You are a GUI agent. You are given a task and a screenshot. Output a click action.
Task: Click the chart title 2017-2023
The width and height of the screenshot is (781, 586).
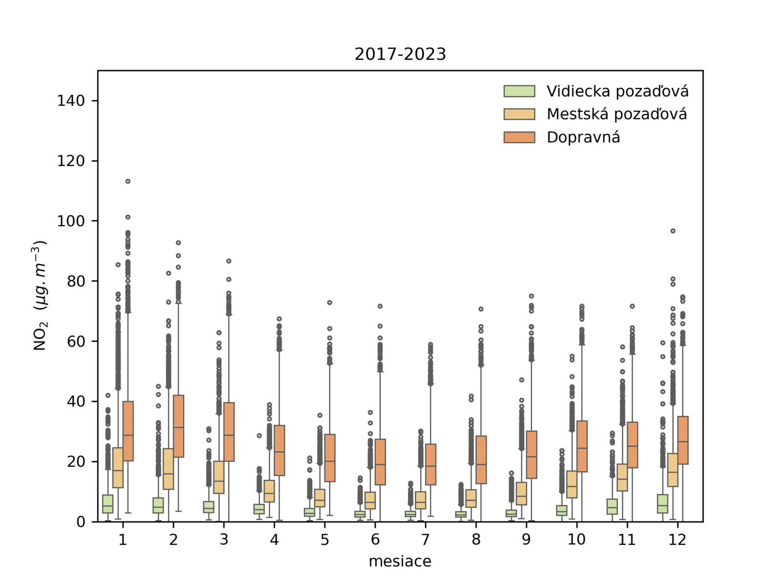point(400,54)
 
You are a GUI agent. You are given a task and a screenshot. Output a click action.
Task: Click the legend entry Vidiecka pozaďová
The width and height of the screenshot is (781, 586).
point(617,91)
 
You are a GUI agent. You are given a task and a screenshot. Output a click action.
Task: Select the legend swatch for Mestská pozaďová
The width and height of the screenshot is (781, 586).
point(519,114)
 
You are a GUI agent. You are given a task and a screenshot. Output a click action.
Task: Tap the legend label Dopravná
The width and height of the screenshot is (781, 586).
point(583,137)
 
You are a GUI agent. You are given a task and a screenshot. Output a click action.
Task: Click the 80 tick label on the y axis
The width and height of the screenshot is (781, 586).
point(76,281)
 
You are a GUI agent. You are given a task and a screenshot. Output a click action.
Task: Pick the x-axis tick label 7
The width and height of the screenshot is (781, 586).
point(426,540)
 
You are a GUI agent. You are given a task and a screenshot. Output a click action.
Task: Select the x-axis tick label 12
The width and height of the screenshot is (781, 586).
point(678,540)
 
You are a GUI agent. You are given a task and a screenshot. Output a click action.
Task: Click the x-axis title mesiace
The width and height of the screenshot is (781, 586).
point(400,562)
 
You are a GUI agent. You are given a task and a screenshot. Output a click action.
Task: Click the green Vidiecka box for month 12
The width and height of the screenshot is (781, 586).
point(662,503)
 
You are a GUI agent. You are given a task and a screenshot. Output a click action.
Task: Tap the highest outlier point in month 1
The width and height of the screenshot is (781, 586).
point(128,181)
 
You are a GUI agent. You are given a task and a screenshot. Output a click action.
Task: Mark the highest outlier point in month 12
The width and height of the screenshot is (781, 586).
point(673,231)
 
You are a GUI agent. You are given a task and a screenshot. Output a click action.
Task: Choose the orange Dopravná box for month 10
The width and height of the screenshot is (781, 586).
point(582,446)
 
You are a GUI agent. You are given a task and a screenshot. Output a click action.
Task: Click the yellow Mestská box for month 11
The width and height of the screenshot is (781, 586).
point(622,478)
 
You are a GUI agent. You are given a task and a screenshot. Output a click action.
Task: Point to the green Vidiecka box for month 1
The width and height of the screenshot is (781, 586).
point(108,504)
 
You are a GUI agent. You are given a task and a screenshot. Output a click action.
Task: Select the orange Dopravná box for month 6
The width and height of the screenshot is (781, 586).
point(380,462)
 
